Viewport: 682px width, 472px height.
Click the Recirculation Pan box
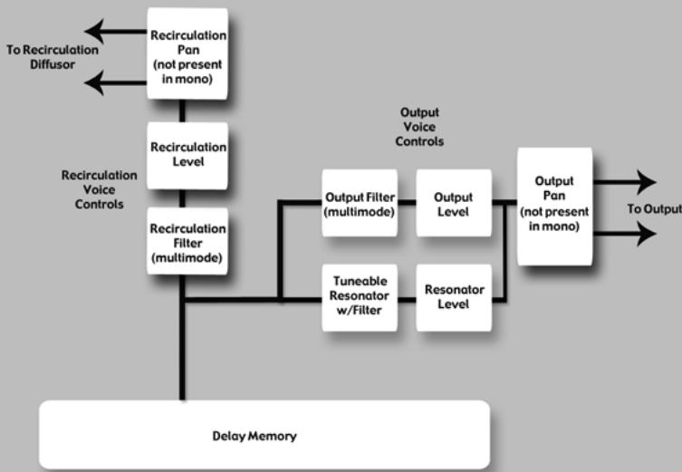point(187,53)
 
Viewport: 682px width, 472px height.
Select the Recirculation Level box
point(187,156)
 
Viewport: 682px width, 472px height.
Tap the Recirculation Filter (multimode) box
point(187,241)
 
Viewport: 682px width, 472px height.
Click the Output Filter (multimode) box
point(360,203)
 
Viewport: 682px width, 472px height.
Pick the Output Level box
point(454,203)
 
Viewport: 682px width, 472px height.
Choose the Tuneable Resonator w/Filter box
point(360,297)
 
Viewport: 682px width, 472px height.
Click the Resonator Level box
point(454,297)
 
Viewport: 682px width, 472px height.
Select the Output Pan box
point(554,207)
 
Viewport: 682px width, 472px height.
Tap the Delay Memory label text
point(255,436)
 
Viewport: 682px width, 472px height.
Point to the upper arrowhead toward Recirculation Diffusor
point(94,32)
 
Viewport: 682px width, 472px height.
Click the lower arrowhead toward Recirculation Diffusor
point(94,82)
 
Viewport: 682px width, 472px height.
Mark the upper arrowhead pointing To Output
point(647,182)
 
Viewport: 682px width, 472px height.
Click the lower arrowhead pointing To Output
point(647,233)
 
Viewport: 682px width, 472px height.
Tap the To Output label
point(655,209)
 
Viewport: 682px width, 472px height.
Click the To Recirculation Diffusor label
point(53,57)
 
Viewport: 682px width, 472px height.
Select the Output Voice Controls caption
point(419,127)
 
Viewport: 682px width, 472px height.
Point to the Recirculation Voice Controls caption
point(99,189)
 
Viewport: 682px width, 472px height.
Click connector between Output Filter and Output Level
point(407,202)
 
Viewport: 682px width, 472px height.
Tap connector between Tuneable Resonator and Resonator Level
point(407,300)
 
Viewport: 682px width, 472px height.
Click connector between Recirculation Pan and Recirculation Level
point(182,111)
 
